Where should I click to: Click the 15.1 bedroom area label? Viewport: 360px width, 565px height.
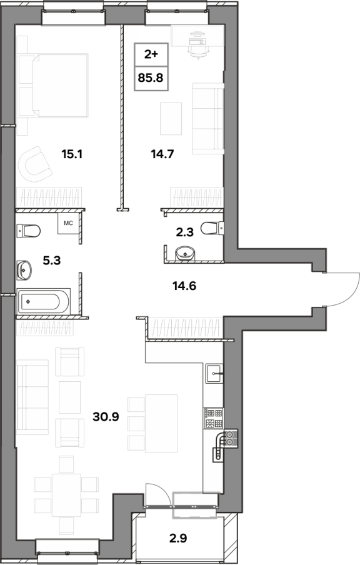[x=72, y=154]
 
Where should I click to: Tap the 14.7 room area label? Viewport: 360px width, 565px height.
[x=162, y=154]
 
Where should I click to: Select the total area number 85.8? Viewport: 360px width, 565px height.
[x=151, y=77]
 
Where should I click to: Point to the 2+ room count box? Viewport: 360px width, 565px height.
[x=151, y=54]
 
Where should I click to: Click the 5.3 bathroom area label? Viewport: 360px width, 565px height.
[x=52, y=260]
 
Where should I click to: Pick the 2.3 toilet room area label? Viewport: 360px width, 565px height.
[x=185, y=232]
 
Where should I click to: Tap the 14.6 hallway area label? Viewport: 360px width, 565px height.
[x=184, y=286]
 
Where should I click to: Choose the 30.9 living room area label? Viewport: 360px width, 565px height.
[x=106, y=417]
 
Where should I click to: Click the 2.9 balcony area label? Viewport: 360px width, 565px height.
[x=178, y=539]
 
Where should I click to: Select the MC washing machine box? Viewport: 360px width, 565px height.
[x=69, y=223]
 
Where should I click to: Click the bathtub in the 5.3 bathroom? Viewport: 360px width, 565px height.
[x=43, y=301]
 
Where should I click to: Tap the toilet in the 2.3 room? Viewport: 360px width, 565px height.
[x=212, y=228]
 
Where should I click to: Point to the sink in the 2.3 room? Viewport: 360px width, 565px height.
[x=185, y=254]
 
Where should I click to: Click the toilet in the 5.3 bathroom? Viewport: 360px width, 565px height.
[x=28, y=231]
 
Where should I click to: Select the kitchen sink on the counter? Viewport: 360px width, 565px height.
[x=214, y=374]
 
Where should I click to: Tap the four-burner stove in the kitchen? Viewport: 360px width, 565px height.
[x=214, y=418]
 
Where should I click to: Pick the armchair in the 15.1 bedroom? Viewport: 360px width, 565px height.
[x=36, y=164]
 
